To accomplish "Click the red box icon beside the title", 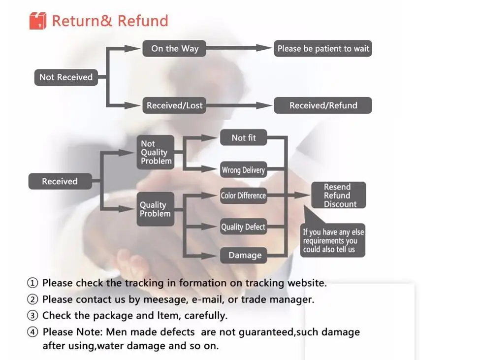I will [x=37, y=21].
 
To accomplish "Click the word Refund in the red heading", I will [x=143, y=21].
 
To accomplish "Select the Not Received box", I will [x=66, y=77].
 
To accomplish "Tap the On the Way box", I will [x=175, y=48].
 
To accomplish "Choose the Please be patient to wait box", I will [x=323, y=48].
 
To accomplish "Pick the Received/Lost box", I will [x=175, y=105].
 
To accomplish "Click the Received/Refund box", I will [x=323, y=105].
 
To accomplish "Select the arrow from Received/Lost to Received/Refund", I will [x=239, y=105].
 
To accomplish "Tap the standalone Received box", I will [x=60, y=181].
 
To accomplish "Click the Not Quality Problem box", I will [x=156, y=152].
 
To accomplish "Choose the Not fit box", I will [x=244, y=138].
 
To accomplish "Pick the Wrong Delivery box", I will [x=243, y=170].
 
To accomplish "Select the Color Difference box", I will [x=243, y=196].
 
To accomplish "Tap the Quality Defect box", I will [x=243, y=227].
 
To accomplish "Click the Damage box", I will [x=245, y=255].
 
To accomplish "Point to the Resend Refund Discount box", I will [x=339, y=196].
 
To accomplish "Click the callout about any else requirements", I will [x=333, y=240].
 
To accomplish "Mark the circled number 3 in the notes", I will [x=32, y=316].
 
